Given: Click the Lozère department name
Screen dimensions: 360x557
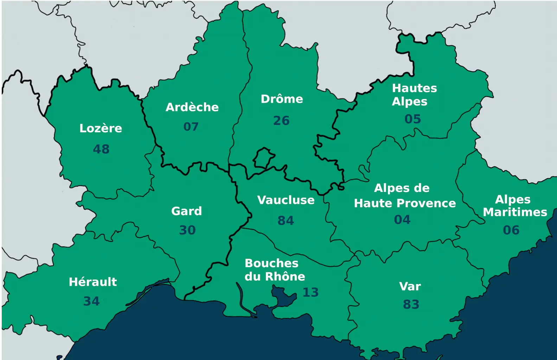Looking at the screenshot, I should point(101,128).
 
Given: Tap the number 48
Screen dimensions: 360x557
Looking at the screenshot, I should point(101,149).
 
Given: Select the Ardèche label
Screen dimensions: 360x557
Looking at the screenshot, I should point(192,107).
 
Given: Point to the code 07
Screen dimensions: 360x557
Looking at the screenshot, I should point(191,127).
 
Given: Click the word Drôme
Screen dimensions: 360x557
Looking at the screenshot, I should point(282,99).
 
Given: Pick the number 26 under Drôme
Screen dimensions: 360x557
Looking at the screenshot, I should point(281,121).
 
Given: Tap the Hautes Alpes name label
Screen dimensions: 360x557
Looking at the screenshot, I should point(414,95).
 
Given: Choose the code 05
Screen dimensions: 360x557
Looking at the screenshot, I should point(412,119).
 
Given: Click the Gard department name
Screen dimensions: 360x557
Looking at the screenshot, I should point(186,211).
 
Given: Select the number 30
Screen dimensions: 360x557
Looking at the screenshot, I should point(187,230).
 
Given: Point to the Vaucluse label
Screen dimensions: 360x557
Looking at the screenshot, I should point(286,200).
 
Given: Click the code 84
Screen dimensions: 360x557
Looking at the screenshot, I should point(286,221).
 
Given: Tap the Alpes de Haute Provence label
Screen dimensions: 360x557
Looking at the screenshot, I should point(404,195).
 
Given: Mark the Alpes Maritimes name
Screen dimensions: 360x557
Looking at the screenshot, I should point(514,206).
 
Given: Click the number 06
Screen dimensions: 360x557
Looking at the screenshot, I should point(511,230).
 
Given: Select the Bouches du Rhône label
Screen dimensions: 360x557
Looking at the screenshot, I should point(274,270).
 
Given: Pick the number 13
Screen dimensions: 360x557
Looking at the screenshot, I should point(310,292).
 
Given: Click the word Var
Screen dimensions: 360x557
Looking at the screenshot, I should point(410,287).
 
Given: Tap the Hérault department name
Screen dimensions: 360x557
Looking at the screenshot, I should point(93,282).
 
